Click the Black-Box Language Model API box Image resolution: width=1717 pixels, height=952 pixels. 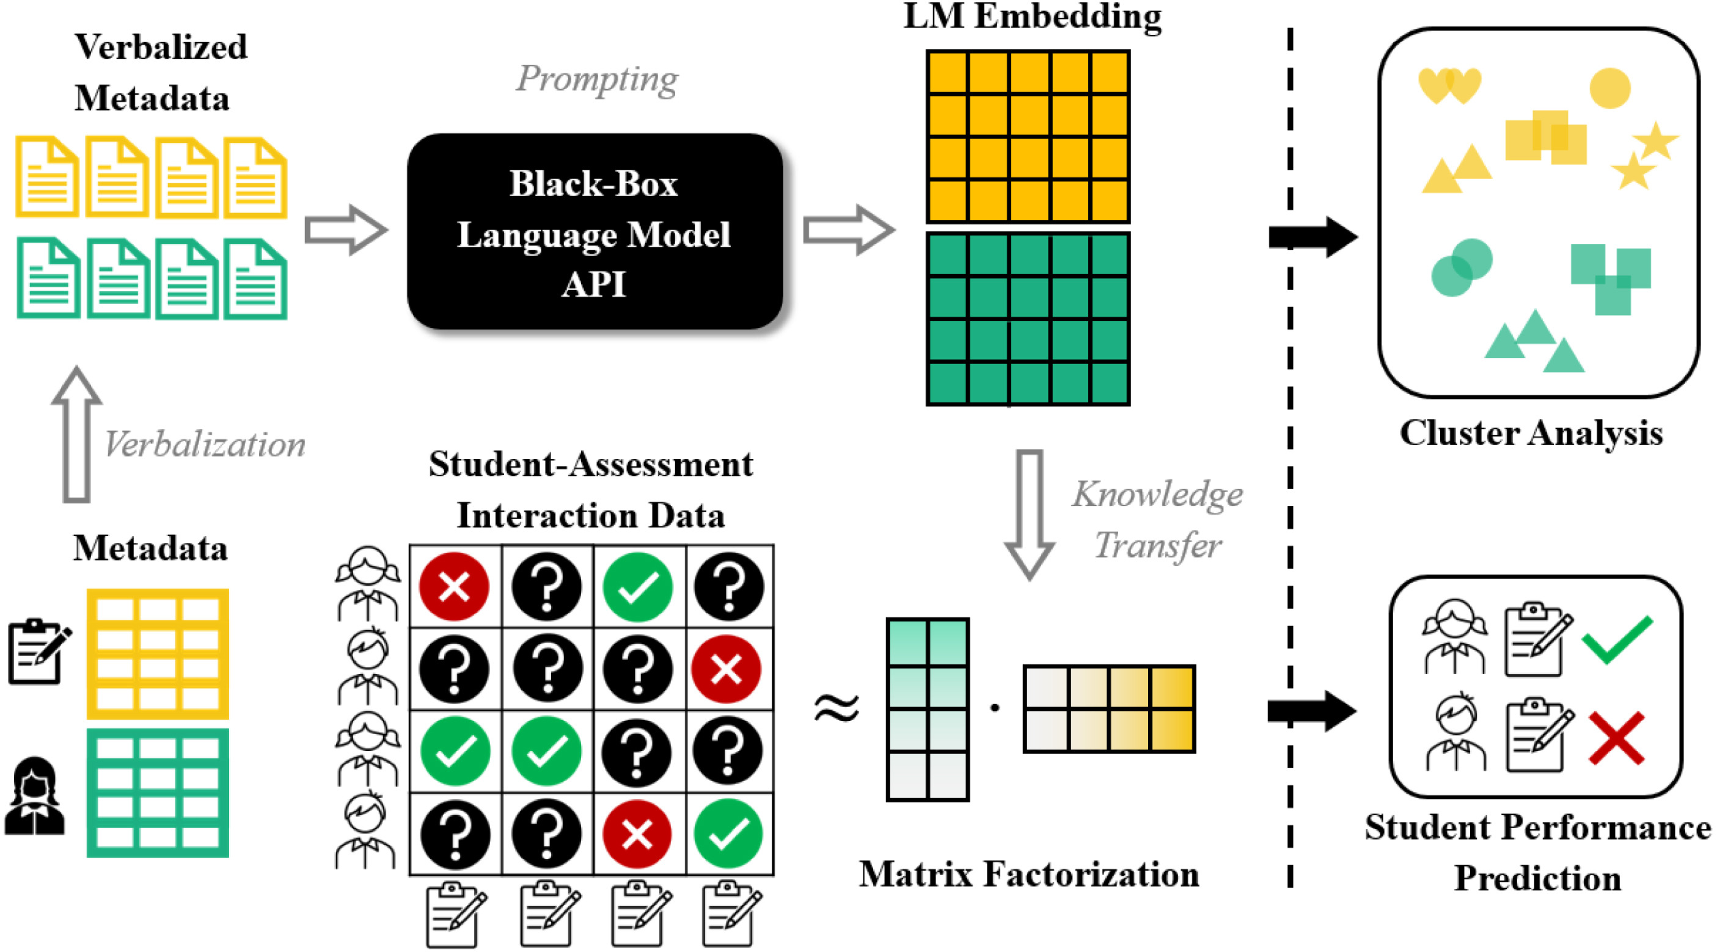[x=595, y=232]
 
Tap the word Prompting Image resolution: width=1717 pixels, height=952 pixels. [x=597, y=79]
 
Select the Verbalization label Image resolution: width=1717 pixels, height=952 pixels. [x=205, y=444]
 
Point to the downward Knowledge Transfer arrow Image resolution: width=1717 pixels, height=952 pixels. [x=1029, y=513]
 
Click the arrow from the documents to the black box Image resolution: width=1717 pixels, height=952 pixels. [x=345, y=230]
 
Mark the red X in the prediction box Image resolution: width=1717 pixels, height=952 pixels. [x=1616, y=738]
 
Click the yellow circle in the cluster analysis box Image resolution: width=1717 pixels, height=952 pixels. [x=1609, y=88]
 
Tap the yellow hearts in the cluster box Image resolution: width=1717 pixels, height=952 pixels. [x=1449, y=86]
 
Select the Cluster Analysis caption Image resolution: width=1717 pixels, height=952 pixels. [x=1531, y=433]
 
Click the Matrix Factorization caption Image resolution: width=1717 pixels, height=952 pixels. [x=1028, y=874]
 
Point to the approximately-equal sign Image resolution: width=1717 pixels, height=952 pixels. [x=837, y=708]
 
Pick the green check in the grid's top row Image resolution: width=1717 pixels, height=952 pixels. [x=637, y=587]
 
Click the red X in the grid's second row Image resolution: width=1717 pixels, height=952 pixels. [x=727, y=669]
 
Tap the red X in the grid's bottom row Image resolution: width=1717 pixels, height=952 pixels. [x=637, y=834]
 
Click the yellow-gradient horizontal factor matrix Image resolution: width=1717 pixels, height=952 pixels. [x=1109, y=709]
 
